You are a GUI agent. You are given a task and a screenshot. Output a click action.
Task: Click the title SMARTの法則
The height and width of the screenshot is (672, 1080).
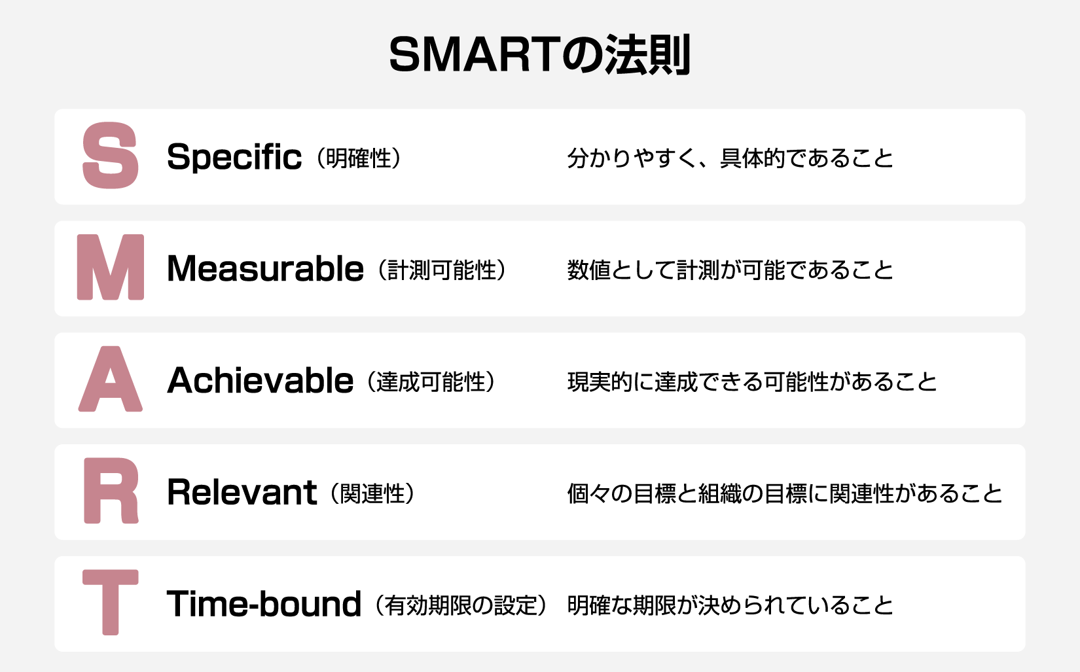(x=539, y=54)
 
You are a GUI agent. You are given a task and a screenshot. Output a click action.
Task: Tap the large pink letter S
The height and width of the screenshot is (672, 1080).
(x=110, y=156)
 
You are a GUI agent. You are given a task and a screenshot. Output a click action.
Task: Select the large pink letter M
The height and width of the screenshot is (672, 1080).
(x=110, y=268)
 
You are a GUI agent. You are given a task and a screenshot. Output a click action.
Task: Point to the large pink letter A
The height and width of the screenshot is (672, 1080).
(x=110, y=380)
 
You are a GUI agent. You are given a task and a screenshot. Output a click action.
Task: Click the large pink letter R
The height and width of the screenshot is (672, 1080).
(x=110, y=491)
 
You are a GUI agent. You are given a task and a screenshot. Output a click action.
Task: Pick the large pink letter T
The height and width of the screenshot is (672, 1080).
(x=110, y=602)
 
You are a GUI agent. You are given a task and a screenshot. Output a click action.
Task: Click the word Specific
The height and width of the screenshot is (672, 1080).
(x=234, y=158)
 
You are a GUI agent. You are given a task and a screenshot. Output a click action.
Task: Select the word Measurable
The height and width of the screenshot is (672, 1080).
(x=265, y=269)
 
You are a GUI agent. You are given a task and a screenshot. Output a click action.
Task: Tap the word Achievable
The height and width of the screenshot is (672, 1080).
(x=261, y=381)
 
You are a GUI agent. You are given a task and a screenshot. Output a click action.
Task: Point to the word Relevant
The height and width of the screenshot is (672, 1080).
(x=242, y=493)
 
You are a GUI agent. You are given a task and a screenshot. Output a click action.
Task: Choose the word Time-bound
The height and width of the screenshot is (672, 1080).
(x=264, y=604)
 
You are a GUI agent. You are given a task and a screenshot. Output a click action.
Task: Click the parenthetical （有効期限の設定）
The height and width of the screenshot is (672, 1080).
(x=461, y=605)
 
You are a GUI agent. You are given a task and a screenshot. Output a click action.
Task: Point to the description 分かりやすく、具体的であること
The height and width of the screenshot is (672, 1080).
(x=730, y=158)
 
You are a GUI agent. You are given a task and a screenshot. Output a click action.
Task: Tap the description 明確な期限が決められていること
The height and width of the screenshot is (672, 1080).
(x=730, y=605)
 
